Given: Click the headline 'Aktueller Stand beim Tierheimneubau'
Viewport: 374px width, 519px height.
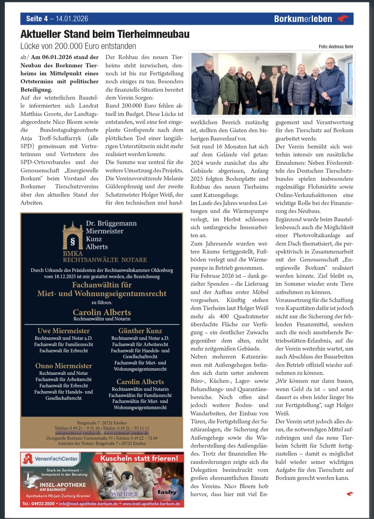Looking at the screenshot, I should point(105,34).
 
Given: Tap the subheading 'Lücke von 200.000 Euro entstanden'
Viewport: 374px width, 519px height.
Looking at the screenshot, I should point(78,46).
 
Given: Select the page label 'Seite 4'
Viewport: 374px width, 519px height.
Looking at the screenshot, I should point(37,19).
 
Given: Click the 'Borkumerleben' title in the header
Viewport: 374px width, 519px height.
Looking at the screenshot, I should point(303,19).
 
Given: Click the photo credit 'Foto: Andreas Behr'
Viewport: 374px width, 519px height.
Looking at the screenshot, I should point(336,46).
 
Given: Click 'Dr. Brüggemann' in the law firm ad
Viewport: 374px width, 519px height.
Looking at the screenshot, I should point(111,223).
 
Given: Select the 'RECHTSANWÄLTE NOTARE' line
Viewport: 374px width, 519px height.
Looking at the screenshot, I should point(105,260).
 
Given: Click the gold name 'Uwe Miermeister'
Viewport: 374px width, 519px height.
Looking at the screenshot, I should point(64,331).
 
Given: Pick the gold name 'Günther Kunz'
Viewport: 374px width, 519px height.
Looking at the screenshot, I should point(140,331).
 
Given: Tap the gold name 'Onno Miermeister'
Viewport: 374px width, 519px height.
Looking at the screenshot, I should point(64,366).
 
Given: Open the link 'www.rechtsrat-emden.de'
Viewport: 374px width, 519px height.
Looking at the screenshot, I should point(126,433).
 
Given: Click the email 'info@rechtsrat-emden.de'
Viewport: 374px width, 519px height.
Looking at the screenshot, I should point(78,433).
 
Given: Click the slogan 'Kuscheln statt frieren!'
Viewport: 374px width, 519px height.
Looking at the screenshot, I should point(139,458).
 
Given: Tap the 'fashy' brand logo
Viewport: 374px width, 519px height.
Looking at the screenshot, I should point(167,492).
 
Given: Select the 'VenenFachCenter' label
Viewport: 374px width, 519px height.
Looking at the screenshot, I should point(56,459).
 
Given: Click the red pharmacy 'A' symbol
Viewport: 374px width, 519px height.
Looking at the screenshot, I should point(27,459).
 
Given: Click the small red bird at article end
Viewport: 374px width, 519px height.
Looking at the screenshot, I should point(350,494).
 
